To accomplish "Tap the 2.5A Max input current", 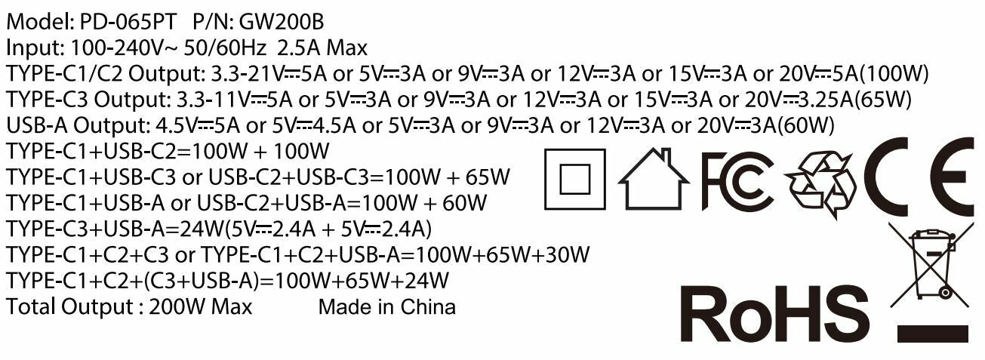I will (322, 48).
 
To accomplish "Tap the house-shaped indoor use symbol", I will (653, 178).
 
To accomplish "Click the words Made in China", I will (386, 307).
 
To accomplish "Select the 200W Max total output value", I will (201, 307).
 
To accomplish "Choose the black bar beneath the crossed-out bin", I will (933, 333).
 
